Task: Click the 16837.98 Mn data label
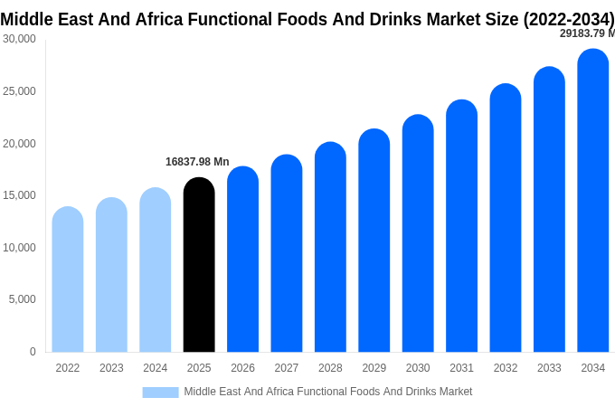click(x=197, y=162)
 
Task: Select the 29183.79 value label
click(x=586, y=33)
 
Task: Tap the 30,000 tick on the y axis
click(x=19, y=39)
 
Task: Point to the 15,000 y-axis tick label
click(x=19, y=195)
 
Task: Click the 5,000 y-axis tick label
click(x=22, y=299)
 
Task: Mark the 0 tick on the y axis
click(x=33, y=352)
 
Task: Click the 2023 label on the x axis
click(x=111, y=368)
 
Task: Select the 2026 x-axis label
click(x=242, y=368)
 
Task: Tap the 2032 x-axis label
click(x=506, y=368)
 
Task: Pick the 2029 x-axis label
click(x=374, y=368)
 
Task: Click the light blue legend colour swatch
click(x=160, y=392)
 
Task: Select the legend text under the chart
click(x=328, y=392)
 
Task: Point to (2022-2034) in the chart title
click(x=569, y=18)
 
